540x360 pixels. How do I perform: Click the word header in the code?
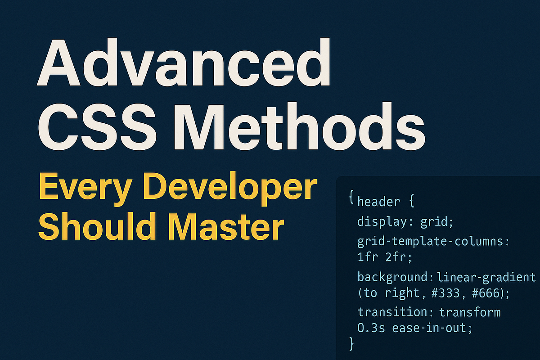click(378, 201)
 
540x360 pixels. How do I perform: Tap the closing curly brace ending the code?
click(351, 344)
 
